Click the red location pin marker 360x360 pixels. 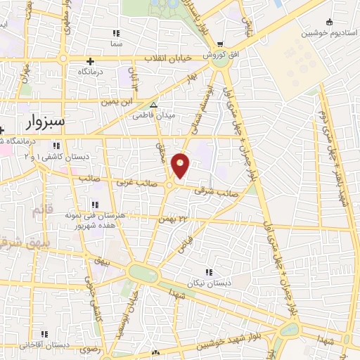coord(181,165)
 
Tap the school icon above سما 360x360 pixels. coord(116,33)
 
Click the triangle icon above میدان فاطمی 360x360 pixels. coord(154,105)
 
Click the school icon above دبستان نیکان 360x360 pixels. coord(207,272)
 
